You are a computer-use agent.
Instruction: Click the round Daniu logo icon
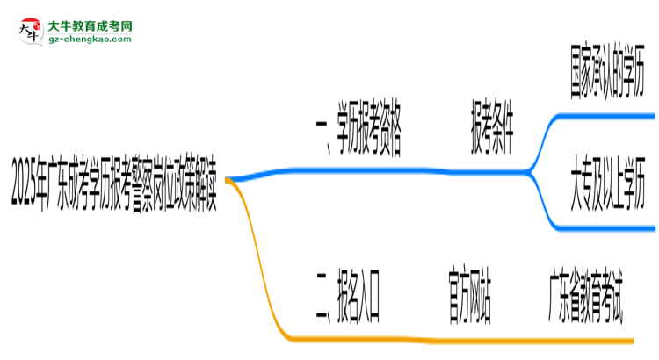(x=31, y=32)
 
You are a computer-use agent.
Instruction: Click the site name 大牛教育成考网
(x=90, y=26)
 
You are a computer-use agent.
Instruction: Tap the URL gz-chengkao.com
(x=90, y=40)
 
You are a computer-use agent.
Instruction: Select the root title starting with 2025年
(x=114, y=183)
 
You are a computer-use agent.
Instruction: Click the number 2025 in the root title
(x=24, y=183)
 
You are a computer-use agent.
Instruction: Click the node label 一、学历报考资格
(x=358, y=130)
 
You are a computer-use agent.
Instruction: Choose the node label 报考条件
(x=492, y=126)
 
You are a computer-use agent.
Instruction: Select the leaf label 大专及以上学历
(x=608, y=183)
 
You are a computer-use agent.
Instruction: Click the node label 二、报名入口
(x=349, y=297)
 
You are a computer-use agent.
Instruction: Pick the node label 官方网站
(x=470, y=294)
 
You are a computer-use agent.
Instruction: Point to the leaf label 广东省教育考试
(x=585, y=295)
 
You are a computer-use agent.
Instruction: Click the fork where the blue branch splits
(x=529, y=171)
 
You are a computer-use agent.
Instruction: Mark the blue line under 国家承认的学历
(x=605, y=116)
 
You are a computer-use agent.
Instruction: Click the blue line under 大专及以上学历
(x=605, y=228)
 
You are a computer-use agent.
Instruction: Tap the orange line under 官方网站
(x=470, y=340)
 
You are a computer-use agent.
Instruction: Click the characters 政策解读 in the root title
(x=196, y=183)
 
